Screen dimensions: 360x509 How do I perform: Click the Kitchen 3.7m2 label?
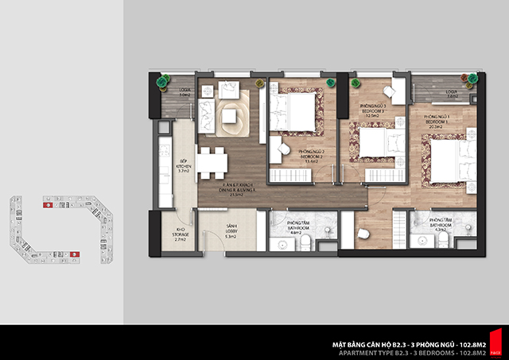(182, 165)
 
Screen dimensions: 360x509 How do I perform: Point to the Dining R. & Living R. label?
(239, 189)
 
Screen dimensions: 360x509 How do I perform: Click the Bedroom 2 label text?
(311, 155)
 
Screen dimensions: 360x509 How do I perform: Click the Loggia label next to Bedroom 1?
(452, 94)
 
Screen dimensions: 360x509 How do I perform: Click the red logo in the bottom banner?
(495, 343)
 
